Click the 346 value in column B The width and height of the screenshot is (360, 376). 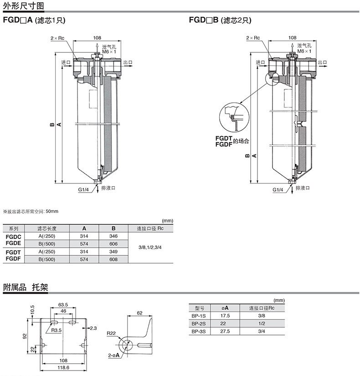(113, 236)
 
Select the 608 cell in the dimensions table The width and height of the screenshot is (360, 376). (113, 259)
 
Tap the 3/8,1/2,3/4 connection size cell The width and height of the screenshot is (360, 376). (150, 247)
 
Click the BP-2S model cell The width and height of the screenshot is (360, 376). (199, 324)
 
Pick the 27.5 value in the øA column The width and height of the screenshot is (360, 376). (225, 331)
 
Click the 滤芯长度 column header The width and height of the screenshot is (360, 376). (47, 229)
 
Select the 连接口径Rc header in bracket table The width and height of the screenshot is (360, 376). (262, 308)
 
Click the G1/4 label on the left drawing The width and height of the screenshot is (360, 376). (83, 189)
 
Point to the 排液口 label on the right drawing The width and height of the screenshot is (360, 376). (303, 188)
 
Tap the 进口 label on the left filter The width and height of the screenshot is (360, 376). (66, 62)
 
